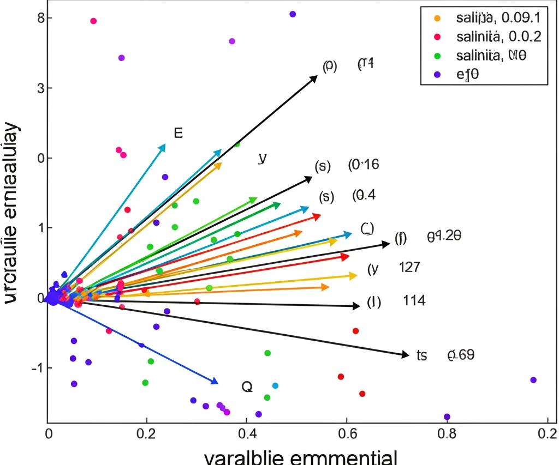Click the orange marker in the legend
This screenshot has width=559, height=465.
click(437, 18)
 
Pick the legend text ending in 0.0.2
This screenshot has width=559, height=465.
click(497, 37)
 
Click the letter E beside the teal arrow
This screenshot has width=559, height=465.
click(178, 133)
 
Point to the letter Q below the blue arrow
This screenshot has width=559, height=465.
click(247, 387)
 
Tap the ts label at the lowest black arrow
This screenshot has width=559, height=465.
click(421, 355)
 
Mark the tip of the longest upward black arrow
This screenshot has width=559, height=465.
click(317, 76)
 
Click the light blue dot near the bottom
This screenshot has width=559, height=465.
click(275, 386)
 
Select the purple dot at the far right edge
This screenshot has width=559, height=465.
click(533, 380)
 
